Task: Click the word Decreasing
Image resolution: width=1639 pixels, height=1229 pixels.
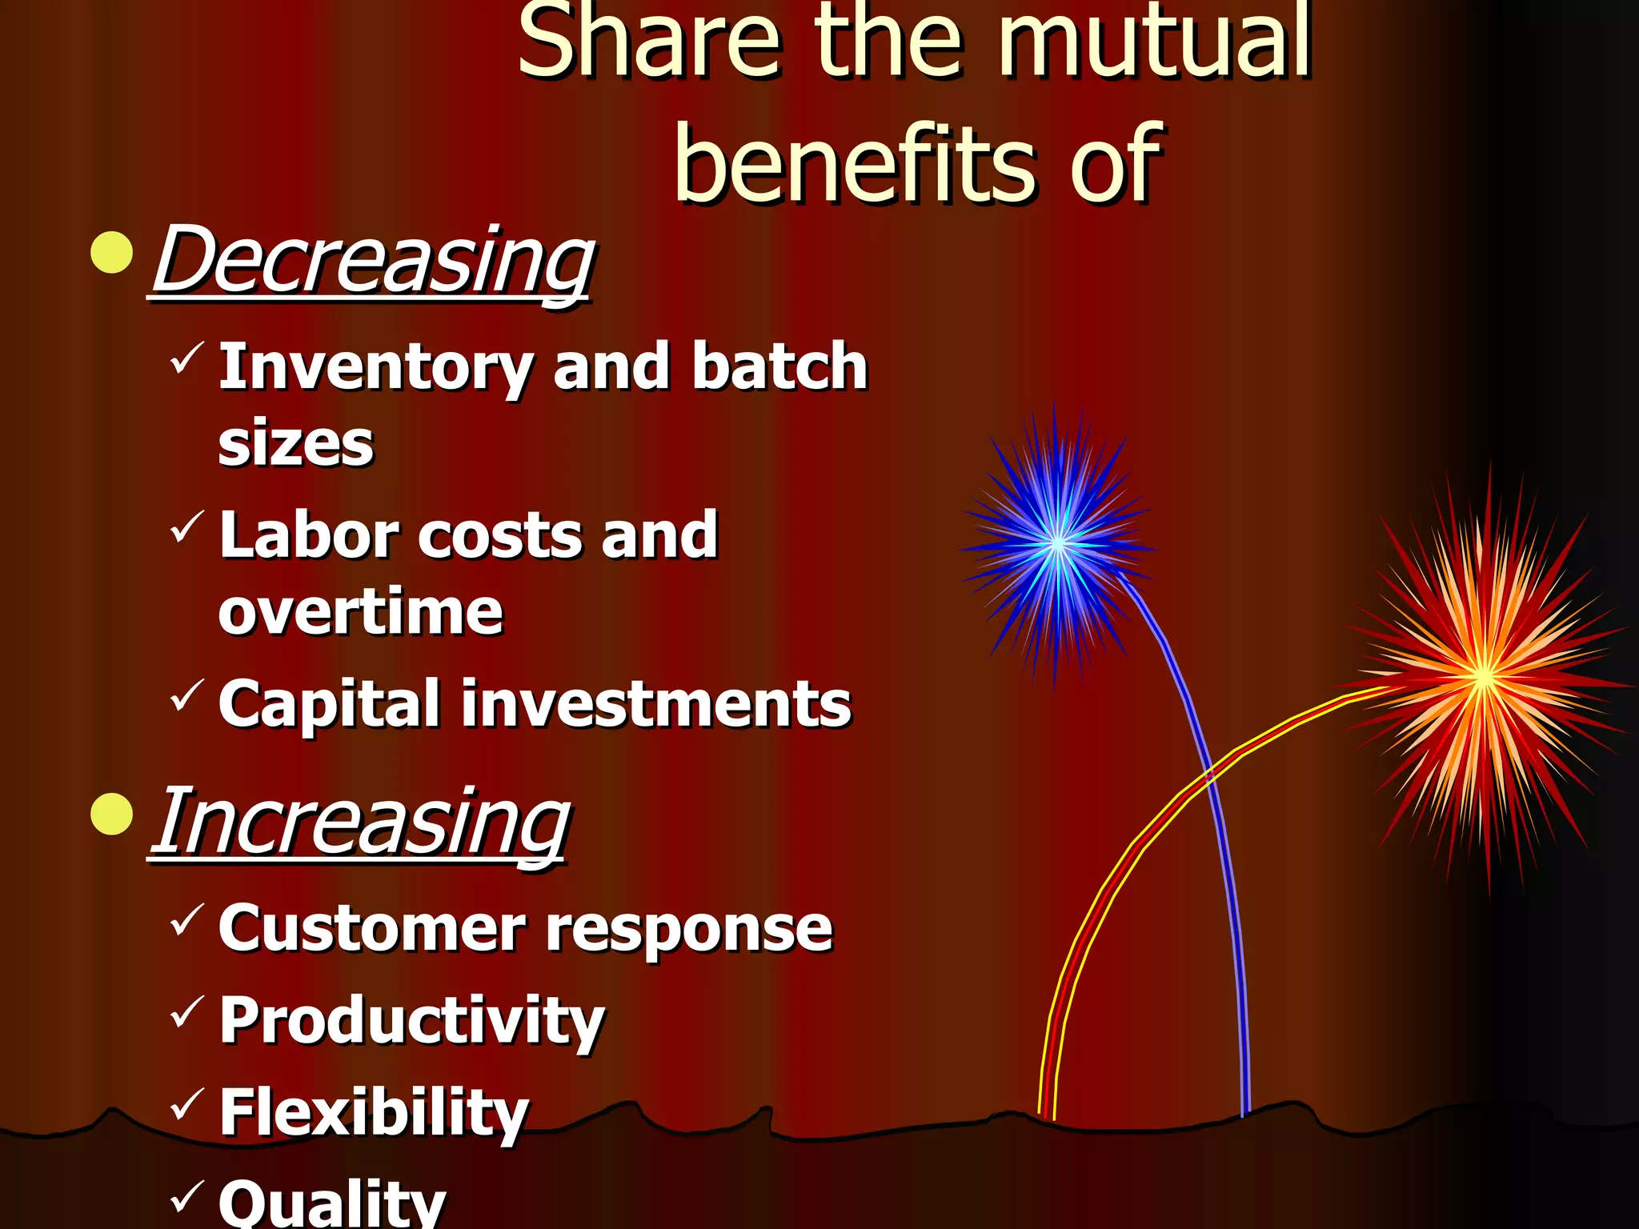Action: click(x=373, y=261)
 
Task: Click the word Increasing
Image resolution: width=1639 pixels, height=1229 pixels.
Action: click(x=362, y=823)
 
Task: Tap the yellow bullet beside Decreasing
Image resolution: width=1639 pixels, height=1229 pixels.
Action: click(x=111, y=253)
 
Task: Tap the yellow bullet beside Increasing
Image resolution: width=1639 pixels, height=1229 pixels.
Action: click(x=111, y=815)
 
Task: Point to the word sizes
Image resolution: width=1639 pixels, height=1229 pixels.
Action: click(x=295, y=444)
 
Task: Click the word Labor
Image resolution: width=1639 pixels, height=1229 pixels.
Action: click(x=309, y=535)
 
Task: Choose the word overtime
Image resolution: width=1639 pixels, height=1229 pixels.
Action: click(x=360, y=612)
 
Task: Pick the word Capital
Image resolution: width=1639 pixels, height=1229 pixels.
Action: click(x=329, y=704)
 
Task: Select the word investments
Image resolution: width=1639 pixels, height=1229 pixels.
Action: click(x=656, y=704)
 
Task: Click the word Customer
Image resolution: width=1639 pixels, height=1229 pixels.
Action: click(x=371, y=929)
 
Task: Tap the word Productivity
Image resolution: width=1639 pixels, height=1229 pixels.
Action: click(x=411, y=1022)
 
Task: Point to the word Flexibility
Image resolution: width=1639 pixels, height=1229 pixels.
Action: click(x=374, y=1113)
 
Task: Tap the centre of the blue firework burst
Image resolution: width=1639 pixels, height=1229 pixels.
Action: click(x=1057, y=545)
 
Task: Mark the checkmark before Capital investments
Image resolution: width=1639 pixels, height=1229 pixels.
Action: click(x=186, y=694)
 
